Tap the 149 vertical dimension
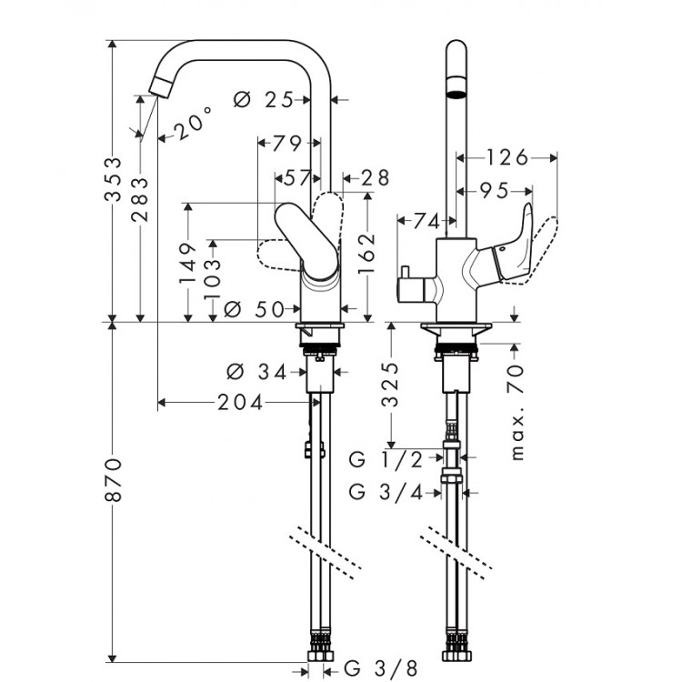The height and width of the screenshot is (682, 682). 188,265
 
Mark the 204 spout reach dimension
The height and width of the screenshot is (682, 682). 240,401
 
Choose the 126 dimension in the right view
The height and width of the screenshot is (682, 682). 506,158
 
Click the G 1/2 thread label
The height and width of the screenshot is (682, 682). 386,460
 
